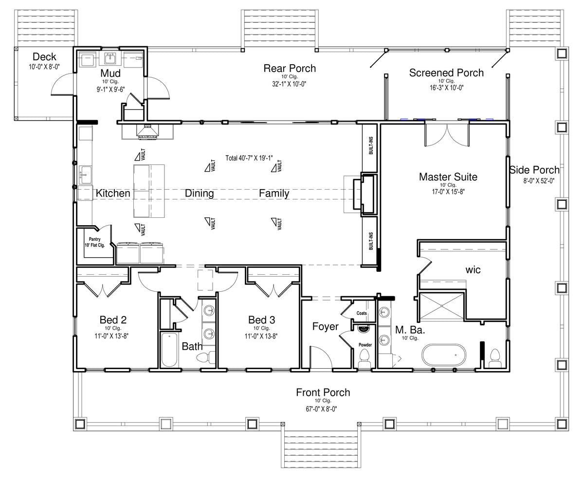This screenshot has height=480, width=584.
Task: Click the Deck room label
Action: [x=44, y=57]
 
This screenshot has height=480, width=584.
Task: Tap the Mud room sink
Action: [x=110, y=59]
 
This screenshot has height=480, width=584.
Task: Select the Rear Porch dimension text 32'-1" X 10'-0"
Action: [x=289, y=84]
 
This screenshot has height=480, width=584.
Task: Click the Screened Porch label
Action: [x=446, y=73]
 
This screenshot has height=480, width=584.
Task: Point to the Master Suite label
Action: [x=448, y=177]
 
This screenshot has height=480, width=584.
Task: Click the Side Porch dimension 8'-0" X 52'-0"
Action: [x=539, y=181]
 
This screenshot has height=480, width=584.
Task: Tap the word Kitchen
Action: [x=113, y=193]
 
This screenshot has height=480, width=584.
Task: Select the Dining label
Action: [x=200, y=194]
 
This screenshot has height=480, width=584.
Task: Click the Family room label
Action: [x=274, y=194]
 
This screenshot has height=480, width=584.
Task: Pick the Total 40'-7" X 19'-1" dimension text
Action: [x=249, y=158]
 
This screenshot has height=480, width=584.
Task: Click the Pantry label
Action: [x=95, y=239]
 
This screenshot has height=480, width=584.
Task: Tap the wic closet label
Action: [x=473, y=270]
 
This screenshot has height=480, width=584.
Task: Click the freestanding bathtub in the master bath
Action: [x=444, y=355]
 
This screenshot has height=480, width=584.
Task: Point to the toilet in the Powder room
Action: [x=365, y=358]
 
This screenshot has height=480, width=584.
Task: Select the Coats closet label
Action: [x=362, y=313]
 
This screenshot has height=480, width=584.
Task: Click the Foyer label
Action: [x=326, y=327]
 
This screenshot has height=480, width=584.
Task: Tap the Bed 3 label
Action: [x=262, y=320]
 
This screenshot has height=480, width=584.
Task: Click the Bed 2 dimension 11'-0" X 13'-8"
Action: [x=111, y=336]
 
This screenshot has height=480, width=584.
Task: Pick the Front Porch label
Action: [x=323, y=392]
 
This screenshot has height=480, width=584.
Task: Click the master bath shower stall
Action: [x=442, y=306]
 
